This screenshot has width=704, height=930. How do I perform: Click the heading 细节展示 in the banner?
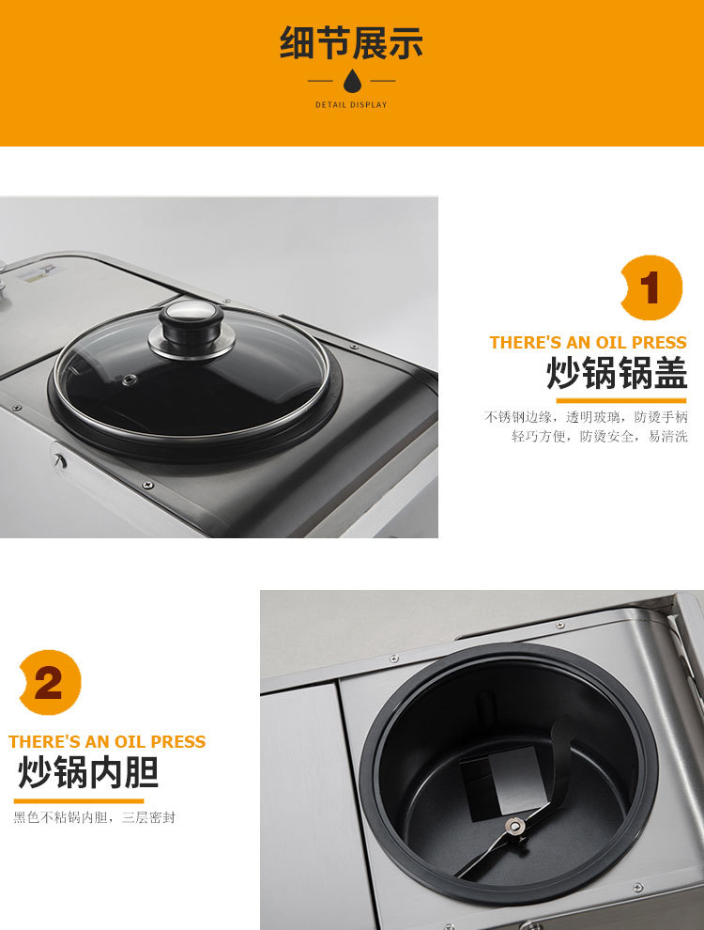(x=351, y=43)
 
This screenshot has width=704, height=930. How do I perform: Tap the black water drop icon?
(x=352, y=81)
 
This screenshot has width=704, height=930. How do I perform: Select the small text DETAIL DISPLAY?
(x=351, y=105)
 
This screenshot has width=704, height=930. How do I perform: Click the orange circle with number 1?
(x=651, y=287)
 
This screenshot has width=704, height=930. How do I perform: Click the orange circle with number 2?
(x=50, y=683)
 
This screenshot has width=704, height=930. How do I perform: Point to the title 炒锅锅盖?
(x=617, y=374)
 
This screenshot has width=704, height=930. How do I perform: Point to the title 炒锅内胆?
(x=88, y=772)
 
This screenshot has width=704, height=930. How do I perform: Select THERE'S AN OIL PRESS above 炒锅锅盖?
(x=588, y=343)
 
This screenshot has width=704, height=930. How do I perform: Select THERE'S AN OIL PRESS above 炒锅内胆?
(x=107, y=742)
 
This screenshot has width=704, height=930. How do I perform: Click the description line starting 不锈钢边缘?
(x=586, y=416)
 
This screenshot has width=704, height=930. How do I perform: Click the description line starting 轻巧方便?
(x=599, y=437)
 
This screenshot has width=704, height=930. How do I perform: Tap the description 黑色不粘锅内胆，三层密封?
(x=94, y=817)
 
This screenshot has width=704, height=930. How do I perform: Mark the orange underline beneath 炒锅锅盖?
(x=620, y=400)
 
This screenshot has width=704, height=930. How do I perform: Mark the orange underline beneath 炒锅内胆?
(x=79, y=800)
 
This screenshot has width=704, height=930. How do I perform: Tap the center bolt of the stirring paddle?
(x=513, y=826)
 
